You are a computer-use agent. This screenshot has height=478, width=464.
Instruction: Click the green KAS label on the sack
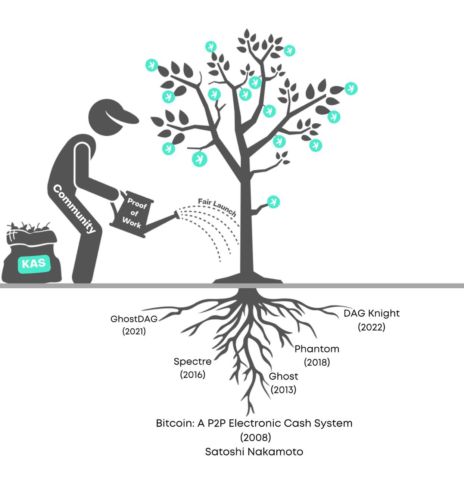point(34,264)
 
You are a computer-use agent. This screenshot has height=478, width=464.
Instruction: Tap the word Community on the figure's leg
point(74,208)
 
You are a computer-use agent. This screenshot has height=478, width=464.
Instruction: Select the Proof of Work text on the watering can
point(134,213)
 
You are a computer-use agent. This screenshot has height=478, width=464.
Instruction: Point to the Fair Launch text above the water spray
point(217,207)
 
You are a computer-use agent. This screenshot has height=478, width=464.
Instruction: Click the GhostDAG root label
point(134,319)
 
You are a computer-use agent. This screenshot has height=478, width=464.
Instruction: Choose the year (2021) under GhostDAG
point(134,331)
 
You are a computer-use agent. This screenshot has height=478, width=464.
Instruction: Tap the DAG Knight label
point(371,313)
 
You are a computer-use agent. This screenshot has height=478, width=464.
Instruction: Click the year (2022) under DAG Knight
point(371,327)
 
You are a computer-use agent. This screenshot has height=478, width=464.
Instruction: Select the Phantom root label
point(317,349)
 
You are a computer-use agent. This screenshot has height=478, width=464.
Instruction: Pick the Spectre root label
point(193,361)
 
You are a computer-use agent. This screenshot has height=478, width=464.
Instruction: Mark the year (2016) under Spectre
point(193,375)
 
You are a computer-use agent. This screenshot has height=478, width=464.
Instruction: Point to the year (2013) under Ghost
point(283,389)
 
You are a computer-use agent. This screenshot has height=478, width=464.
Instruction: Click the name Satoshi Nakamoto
point(254,452)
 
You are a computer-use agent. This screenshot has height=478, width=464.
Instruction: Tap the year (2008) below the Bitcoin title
point(255,437)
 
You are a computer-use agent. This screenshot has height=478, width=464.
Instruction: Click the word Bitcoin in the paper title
point(175,423)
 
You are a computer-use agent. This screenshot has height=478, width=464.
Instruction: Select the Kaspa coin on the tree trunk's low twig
point(273,202)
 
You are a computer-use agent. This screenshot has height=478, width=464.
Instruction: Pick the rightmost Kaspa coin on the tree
point(351,89)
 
